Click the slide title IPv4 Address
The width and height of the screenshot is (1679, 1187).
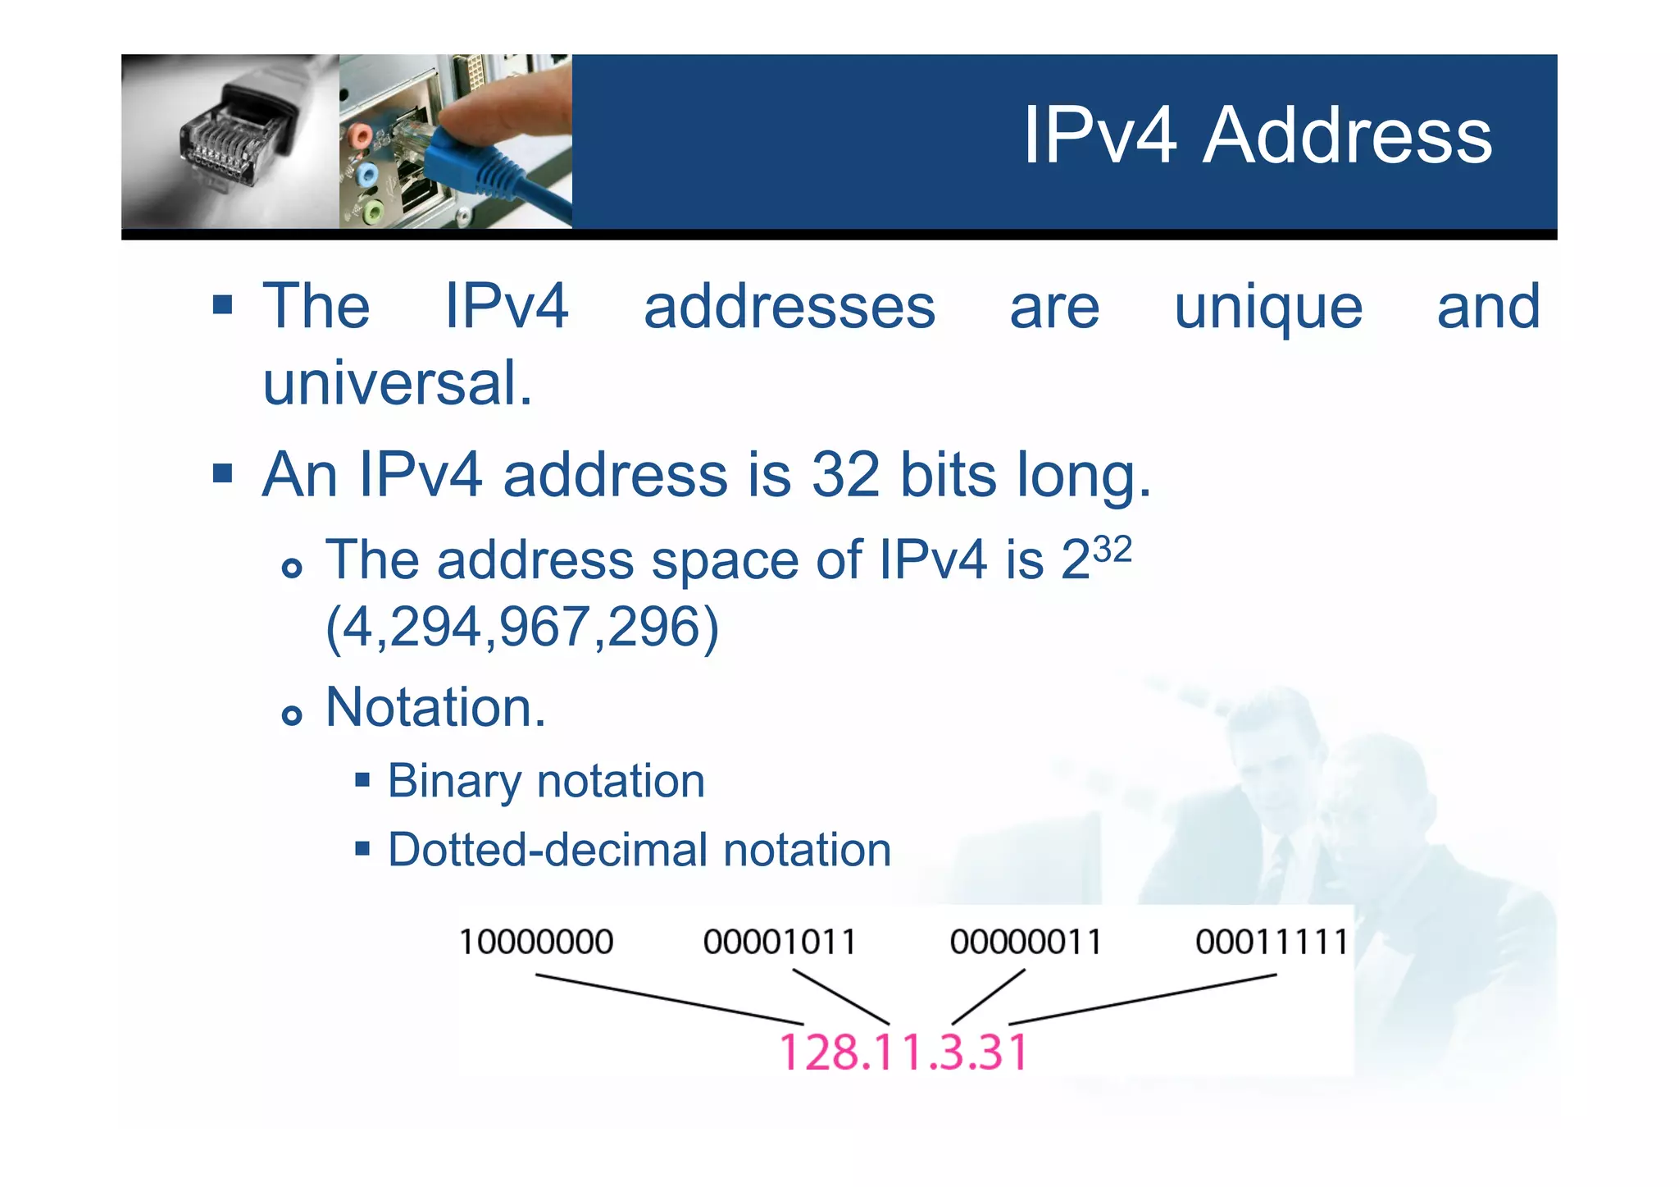(1258, 135)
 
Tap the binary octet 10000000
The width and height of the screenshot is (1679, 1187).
(536, 942)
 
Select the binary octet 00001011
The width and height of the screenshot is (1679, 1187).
(780, 942)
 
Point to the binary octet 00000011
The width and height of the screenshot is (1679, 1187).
(1026, 942)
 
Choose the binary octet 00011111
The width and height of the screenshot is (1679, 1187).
(1272, 942)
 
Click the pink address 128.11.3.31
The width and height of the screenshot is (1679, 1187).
(903, 1052)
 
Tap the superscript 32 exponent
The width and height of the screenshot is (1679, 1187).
(1113, 550)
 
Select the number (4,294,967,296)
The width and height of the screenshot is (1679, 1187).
(522, 628)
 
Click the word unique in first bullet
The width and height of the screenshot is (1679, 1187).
(1268, 308)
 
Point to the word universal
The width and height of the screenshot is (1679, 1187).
(398, 383)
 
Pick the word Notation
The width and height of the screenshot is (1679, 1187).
(435, 707)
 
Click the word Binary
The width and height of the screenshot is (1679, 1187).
(453, 782)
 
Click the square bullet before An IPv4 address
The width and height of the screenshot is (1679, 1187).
(222, 473)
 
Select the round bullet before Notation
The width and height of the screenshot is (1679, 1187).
(291, 715)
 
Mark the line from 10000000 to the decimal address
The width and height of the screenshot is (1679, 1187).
(668, 999)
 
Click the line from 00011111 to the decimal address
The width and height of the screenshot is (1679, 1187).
(1142, 999)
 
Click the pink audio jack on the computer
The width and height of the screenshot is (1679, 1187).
(357, 135)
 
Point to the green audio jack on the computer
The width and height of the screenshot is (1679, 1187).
(372, 212)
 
